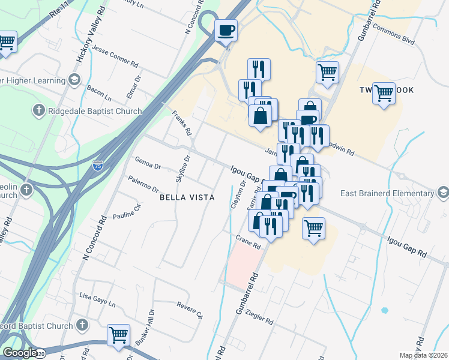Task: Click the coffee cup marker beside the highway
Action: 226,30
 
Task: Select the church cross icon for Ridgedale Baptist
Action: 38,110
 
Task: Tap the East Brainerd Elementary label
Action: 386,193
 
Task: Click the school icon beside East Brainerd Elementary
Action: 443,193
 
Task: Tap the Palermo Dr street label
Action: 143,184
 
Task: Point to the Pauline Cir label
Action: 126,211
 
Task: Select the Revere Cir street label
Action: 191,310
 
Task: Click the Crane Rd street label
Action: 248,242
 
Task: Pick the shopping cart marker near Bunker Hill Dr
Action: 118,335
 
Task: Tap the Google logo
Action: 19,353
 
